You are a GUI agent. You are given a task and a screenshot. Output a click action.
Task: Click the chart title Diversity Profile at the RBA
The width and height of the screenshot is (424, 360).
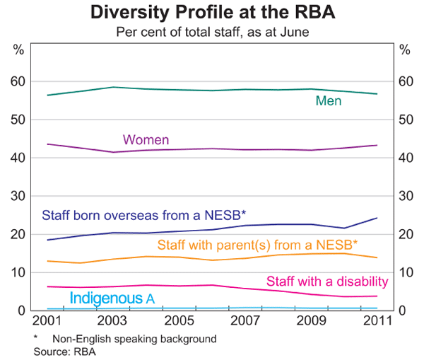(x=211, y=12)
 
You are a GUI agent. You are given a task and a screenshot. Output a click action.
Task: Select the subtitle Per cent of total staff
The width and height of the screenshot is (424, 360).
(x=211, y=31)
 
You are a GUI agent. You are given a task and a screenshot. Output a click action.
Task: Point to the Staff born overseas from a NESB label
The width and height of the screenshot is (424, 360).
(x=143, y=215)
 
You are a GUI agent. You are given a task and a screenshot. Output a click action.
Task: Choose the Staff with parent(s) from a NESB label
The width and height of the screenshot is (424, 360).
(x=257, y=245)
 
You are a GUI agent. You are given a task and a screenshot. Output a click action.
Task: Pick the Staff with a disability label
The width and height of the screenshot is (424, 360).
(x=326, y=281)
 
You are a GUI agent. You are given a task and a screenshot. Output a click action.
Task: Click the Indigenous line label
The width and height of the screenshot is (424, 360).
(x=112, y=298)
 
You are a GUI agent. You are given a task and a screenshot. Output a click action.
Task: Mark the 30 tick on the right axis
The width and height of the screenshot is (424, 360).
(x=404, y=197)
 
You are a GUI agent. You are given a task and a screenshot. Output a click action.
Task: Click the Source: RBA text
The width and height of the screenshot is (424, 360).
(x=64, y=351)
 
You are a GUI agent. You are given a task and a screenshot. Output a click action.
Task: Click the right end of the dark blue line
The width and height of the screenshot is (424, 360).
(x=377, y=218)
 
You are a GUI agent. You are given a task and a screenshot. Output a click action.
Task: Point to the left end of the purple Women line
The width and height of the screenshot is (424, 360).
(x=47, y=144)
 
